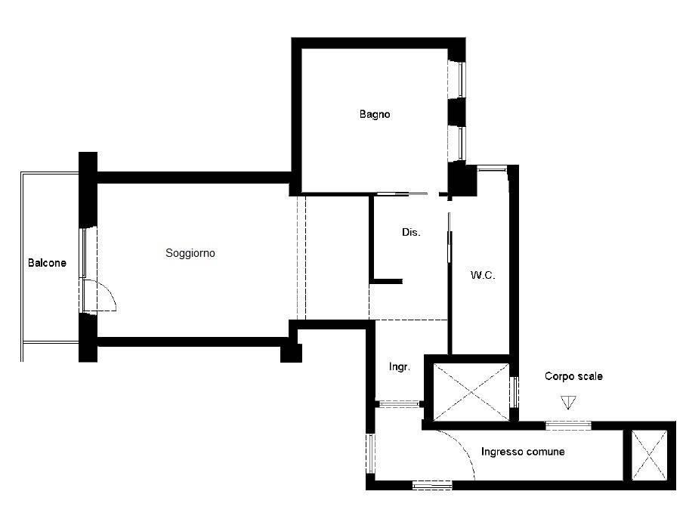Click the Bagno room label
pyautogui.click(x=375, y=114)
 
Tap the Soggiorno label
pyautogui.click(x=190, y=253)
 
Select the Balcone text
pyautogui.click(x=47, y=263)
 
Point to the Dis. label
pyautogui.click(x=411, y=232)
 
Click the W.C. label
pyautogui.click(x=483, y=275)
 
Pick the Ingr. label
pyautogui.click(x=400, y=366)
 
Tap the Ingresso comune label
pyautogui.click(x=523, y=451)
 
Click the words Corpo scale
pyautogui.click(x=573, y=376)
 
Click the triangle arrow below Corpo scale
pyautogui.click(x=568, y=402)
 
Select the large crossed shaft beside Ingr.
pyautogui.click(x=471, y=392)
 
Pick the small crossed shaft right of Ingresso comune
pyautogui.click(x=649, y=455)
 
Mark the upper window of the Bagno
pyautogui.click(x=461, y=79)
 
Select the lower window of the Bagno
pyautogui.click(x=461, y=143)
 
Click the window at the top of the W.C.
pyautogui.click(x=491, y=168)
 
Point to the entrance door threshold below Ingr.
pyautogui.click(x=399, y=403)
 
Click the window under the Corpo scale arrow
pyautogui.click(x=568, y=425)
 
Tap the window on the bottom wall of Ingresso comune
pyautogui.click(x=432, y=484)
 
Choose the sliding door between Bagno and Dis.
pyautogui.click(x=402, y=194)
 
